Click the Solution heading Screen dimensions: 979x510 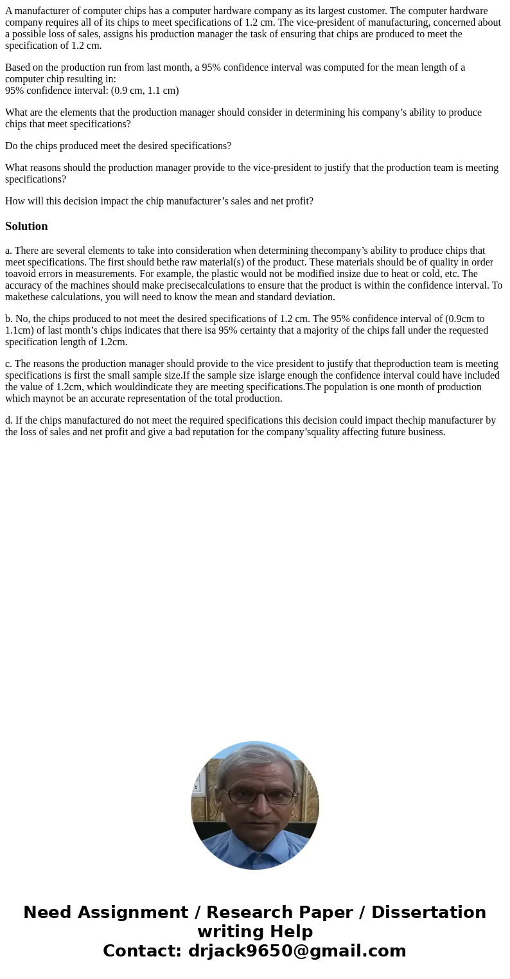(26, 226)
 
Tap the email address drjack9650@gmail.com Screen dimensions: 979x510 (297, 951)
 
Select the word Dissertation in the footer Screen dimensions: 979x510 (428, 912)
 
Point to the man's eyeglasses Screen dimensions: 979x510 (256, 796)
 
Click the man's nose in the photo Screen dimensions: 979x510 (255, 808)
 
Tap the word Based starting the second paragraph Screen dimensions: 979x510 (18, 67)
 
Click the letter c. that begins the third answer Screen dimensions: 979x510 (9, 364)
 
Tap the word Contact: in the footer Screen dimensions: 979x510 (143, 951)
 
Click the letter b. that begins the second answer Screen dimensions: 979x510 (9, 319)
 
